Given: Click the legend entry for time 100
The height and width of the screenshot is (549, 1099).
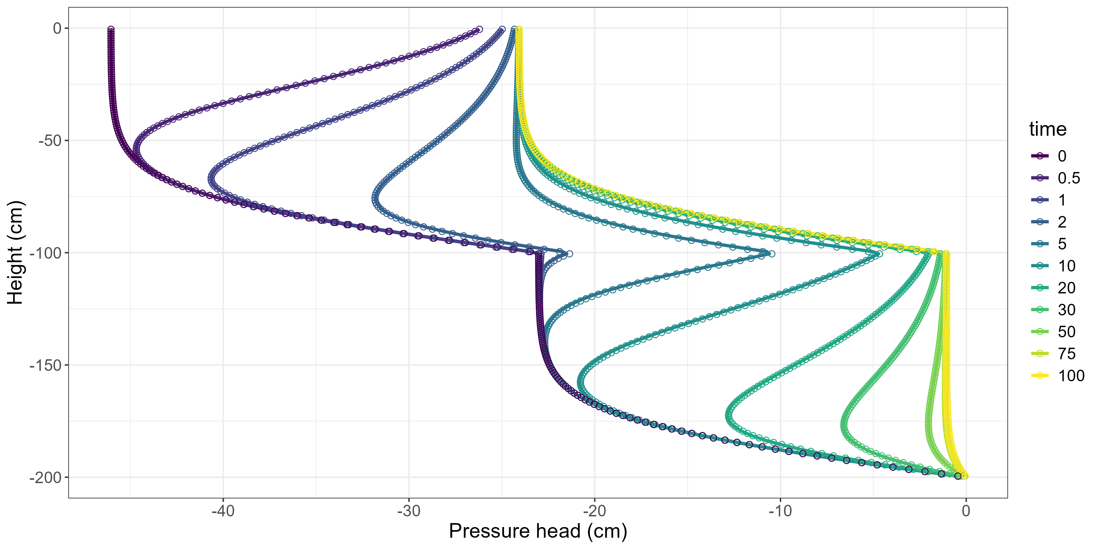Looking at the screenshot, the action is (1057, 375).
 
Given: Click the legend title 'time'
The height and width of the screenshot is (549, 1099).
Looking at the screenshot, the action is (1048, 129).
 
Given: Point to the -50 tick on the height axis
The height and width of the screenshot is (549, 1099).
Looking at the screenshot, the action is (50, 141).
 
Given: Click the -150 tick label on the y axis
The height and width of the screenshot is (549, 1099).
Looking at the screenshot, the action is (46, 365).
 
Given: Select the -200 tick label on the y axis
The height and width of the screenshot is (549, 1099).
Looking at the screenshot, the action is (46, 477).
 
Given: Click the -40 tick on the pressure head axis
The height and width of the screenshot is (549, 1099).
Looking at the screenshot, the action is (223, 511).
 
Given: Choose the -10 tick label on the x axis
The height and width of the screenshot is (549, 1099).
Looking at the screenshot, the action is (780, 511).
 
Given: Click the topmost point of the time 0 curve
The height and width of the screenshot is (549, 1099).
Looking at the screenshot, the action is (111, 29).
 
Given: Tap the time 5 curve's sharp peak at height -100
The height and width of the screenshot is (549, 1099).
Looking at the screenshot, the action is (772, 254).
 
